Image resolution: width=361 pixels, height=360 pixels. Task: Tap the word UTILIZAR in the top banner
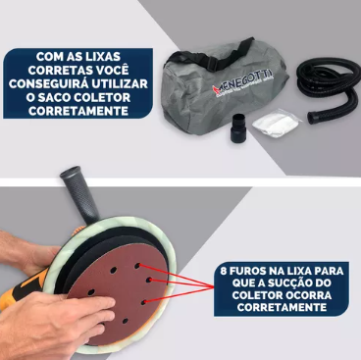(120, 83)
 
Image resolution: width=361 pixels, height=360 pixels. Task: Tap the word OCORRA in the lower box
(309, 295)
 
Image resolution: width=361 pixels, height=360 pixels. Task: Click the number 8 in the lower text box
(224, 271)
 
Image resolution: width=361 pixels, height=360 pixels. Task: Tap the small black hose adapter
(238, 128)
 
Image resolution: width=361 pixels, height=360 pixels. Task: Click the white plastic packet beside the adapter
(277, 123)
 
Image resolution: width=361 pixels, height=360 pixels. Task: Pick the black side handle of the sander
(80, 194)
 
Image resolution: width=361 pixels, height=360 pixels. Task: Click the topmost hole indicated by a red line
(137, 266)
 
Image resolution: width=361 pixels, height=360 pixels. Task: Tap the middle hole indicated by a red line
(149, 280)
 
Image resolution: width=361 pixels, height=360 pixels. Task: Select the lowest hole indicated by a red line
(143, 302)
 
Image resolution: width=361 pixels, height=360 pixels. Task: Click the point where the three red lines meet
(213, 287)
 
